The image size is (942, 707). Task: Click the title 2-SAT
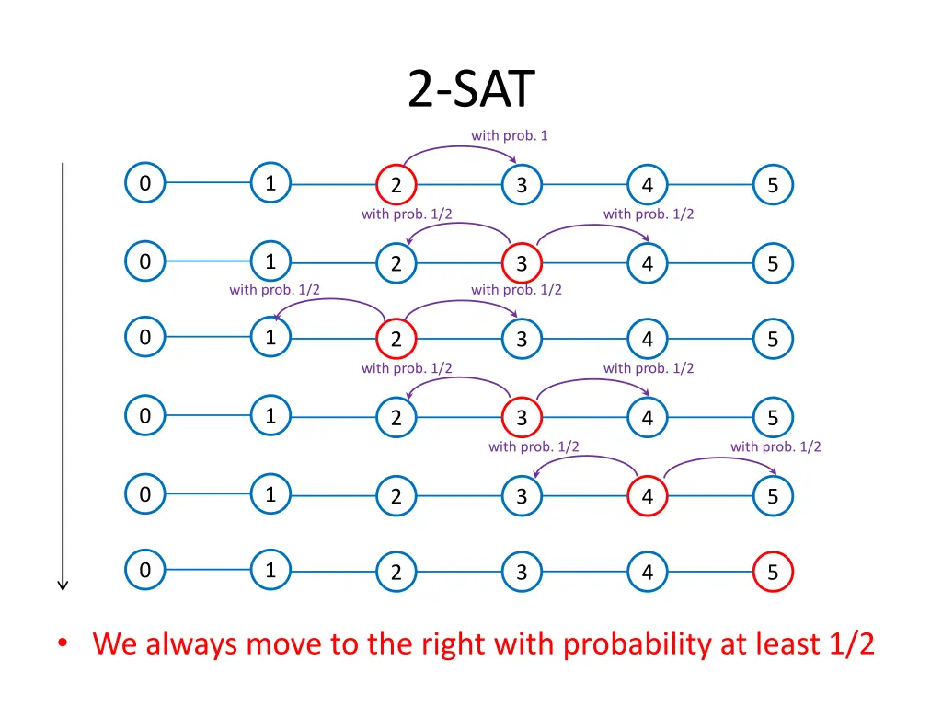[x=470, y=90]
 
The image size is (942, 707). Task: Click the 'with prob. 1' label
[x=510, y=135]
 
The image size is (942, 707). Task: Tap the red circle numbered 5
[x=773, y=573]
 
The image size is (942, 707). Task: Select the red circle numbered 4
[x=648, y=496]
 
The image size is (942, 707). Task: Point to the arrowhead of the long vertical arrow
[x=63, y=584]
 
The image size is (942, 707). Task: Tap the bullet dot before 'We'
[x=62, y=644]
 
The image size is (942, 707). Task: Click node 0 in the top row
[x=144, y=184]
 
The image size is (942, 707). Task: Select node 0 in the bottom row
[x=144, y=571]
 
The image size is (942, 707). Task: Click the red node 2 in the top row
[x=396, y=185]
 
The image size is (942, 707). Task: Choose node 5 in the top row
[x=773, y=185]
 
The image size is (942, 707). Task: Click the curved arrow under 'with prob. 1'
[x=457, y=150]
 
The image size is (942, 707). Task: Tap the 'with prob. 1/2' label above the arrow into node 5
[x=775, y=446]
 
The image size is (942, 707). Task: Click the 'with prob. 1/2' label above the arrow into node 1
[x=274, y=289]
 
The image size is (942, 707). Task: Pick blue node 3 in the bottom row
[x=522, y=573]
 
